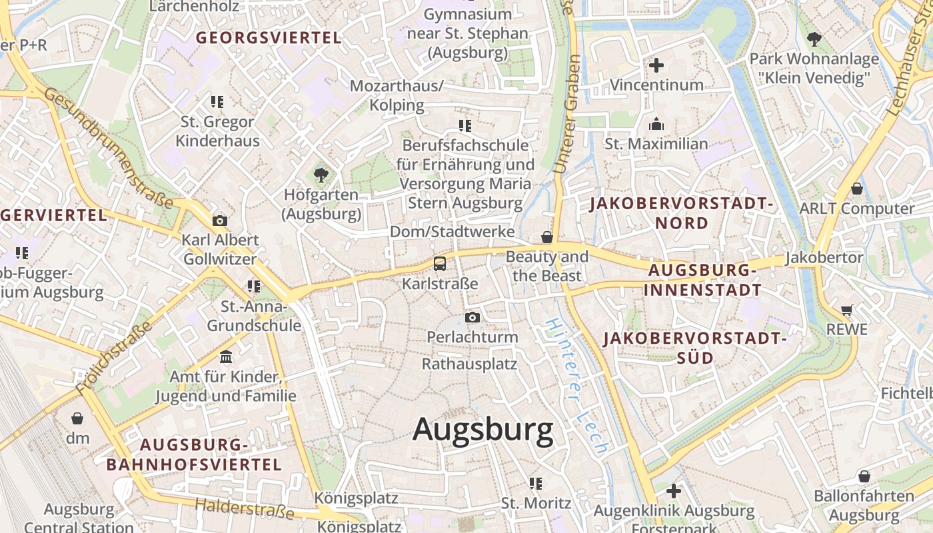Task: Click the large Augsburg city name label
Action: click(x=482, y=430)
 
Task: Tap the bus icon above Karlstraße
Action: click(x=440, y=263)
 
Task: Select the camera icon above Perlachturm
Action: click(x=472, y=317)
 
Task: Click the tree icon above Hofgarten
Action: click(x=321, y=175)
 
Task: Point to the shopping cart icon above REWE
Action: click(x=847, y=309)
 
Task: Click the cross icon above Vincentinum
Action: click(x=656, y=65)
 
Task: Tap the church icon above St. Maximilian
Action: click(x=656, y=124)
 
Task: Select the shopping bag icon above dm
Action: click(x=77, y=418)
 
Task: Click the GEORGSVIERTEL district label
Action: click(x=269, y=38)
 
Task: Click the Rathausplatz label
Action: click(x=469, y=364)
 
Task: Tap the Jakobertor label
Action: click(x=824, y=257)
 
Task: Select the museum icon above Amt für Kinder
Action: click(x=226, y=357)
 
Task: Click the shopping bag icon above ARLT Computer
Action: click(x=857, y=189)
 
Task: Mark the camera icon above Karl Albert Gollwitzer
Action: click(x=219, y=221)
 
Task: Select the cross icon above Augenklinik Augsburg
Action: click(x=674, y=491)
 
